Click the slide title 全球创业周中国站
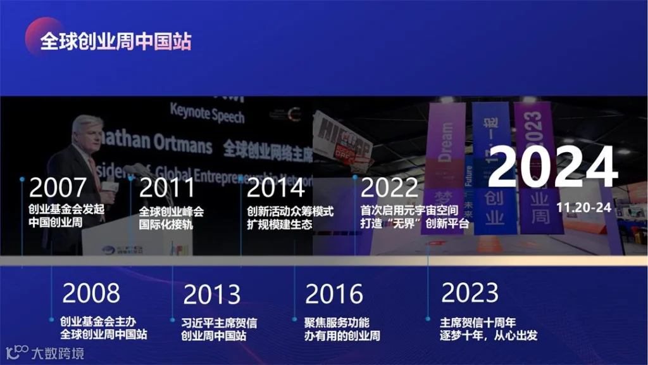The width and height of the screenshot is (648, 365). pos(116,41)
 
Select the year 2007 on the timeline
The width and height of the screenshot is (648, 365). pos(58,188)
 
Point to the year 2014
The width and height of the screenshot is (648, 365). pos(276,188)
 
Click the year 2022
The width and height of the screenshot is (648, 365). pos(389,188)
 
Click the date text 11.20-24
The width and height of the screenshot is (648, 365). pos(584,207)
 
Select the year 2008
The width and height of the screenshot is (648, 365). pos(91,293)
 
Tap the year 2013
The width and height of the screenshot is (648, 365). pos(212,294)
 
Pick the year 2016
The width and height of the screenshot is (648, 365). pos(334,294)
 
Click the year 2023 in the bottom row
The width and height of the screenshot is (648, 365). pos(470,293)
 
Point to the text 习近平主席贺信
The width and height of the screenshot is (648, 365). pos(219,322)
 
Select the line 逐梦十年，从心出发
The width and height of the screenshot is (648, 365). pos(489,335)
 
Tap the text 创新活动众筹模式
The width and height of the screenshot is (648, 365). pos(290,212)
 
